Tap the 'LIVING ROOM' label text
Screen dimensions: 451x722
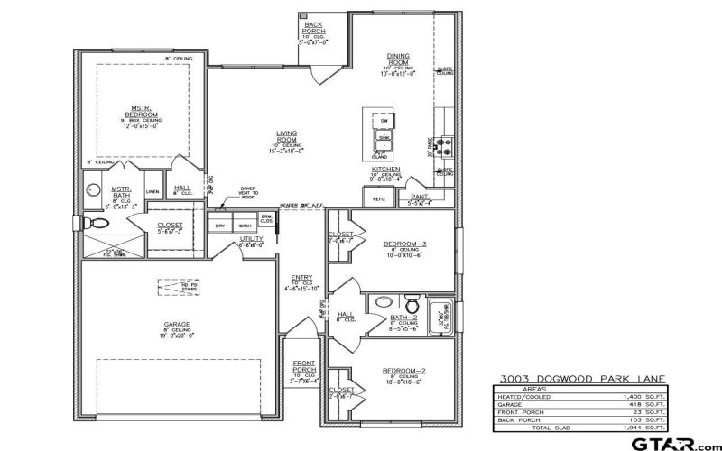click(287, 136)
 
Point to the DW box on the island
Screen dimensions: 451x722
click(384, 120)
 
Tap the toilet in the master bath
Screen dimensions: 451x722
click(91, 222)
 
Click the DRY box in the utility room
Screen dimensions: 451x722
click(219, 225)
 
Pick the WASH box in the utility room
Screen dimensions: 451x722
click(245, 225)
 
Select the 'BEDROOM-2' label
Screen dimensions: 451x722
click(404, 371)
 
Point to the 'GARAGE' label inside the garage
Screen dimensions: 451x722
click(176, 325)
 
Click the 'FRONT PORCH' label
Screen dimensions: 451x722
click(304, 366)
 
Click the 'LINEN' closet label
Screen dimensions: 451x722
click(153, 191)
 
